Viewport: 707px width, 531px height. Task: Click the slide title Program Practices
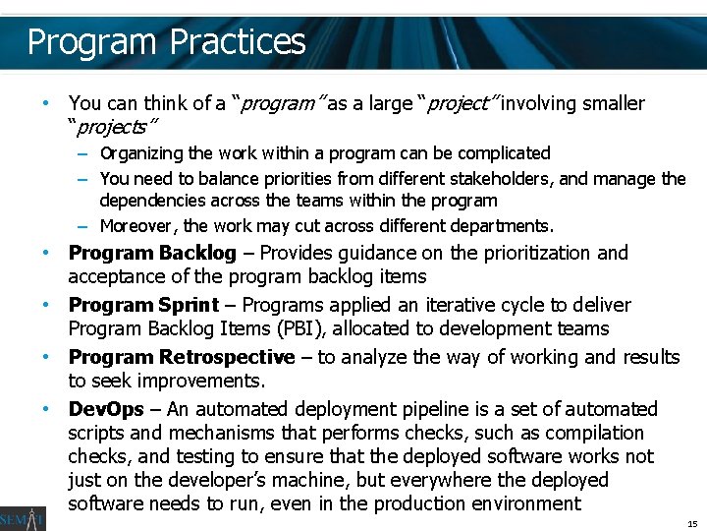[x=166, y=42]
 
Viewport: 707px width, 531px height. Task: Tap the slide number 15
[x=692, y=524]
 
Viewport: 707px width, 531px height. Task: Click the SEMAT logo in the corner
[x=22, y=512]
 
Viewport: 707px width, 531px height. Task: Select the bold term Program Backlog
[x=152, y=254]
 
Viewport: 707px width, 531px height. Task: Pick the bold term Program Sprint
[x=143, y=306]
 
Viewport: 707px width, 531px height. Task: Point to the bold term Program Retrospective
[x=182, y=357]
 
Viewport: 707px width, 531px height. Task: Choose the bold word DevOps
[x=106, y=409]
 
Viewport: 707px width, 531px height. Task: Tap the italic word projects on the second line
[x=114, y=128]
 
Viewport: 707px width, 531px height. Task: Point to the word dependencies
[x=149, y=201]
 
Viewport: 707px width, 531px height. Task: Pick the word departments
[x=502, y=225]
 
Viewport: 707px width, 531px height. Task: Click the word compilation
[x=596, y=433]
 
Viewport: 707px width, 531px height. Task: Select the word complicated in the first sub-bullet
[x=502, y=153]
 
